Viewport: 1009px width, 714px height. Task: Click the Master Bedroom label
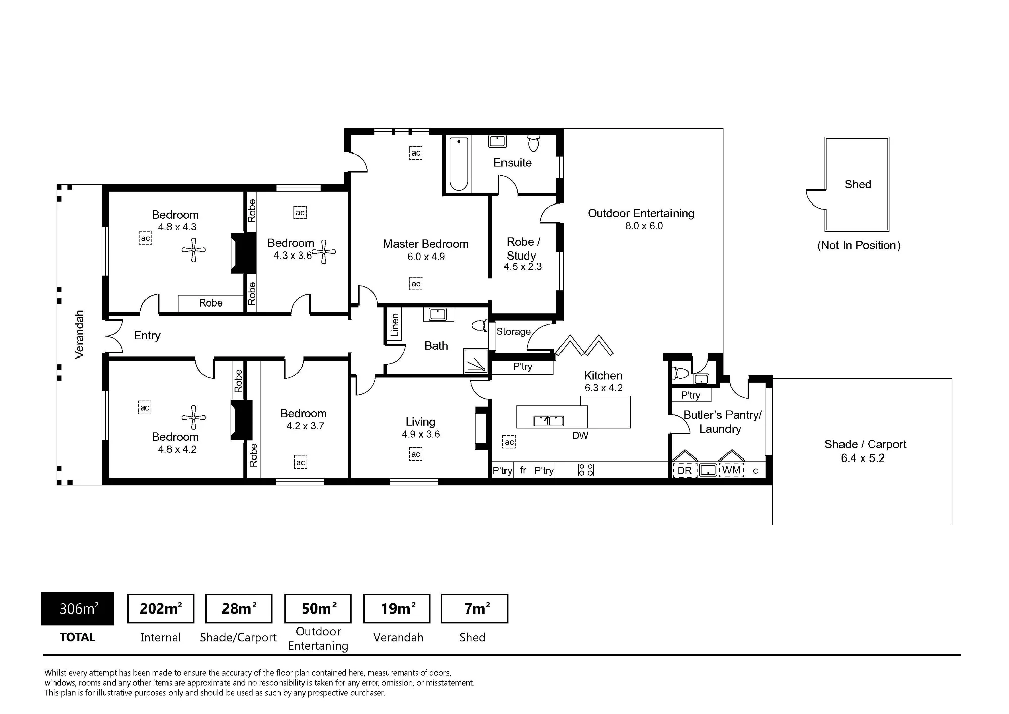click(x=425, y=244)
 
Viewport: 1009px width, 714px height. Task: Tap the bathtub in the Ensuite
click(x=459, y=164)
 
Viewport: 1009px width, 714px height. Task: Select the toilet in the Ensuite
click(x=533, y=143)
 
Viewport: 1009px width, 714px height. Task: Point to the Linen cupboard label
click(x=395, y=325)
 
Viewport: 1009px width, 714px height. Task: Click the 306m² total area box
click(x=77, y=608)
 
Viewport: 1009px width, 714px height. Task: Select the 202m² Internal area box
click(x=160, y=608)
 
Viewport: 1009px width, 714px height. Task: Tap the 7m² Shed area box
click(x=474, y=608)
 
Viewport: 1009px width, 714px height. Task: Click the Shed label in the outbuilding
click(x=858, y=184)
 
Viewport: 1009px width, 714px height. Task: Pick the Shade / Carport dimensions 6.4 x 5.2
click(x=863, y=458)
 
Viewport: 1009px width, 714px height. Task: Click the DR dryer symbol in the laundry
click(x=685, y=470)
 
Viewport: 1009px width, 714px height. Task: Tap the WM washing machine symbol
click(x=732, y=470)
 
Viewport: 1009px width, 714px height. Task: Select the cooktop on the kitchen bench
click(x=586, y=470)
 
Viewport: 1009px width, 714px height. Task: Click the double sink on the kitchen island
click(x=548, y=420)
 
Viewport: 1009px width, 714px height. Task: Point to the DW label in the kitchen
click(x=580, y=435)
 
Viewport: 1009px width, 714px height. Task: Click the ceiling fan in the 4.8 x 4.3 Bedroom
click(x=194, y=250)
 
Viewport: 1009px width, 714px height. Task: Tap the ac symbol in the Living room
click(x=415, y=454)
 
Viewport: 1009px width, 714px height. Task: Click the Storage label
click(x=514, y=332)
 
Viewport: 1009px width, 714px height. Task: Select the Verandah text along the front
click(x=79, y=334)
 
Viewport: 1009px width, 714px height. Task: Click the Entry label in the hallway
click(x=147, y=336)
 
